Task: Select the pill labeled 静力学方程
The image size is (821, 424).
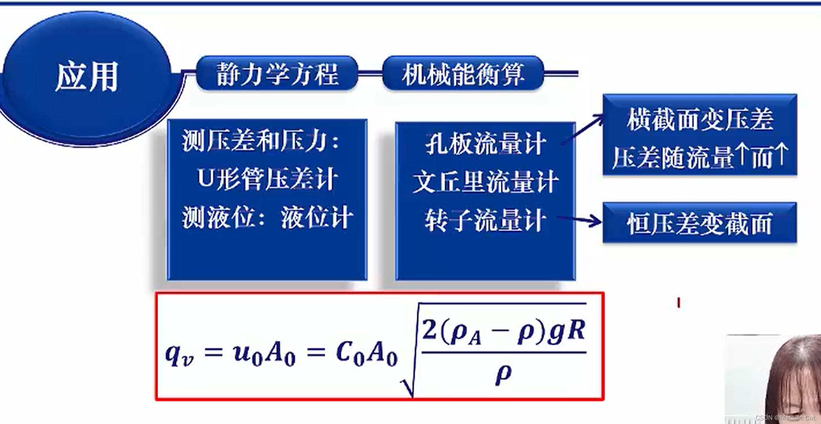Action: coord(277,73)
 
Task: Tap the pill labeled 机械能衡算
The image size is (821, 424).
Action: coord(463,73)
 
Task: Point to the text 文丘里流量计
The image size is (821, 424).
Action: coord(485,182)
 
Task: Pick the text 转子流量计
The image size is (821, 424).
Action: coord(485,220)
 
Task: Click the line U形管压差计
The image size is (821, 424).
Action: coord(267,178)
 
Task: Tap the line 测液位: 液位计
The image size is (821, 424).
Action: coord(267,217)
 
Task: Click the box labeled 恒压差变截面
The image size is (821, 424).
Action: coord(699,223)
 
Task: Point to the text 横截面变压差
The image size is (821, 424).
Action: coord(700,120)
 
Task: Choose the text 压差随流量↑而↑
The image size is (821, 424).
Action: coord(700,157)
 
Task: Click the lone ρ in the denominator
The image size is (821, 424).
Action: coord(503,373)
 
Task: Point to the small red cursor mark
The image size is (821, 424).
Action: coord(678,303)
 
